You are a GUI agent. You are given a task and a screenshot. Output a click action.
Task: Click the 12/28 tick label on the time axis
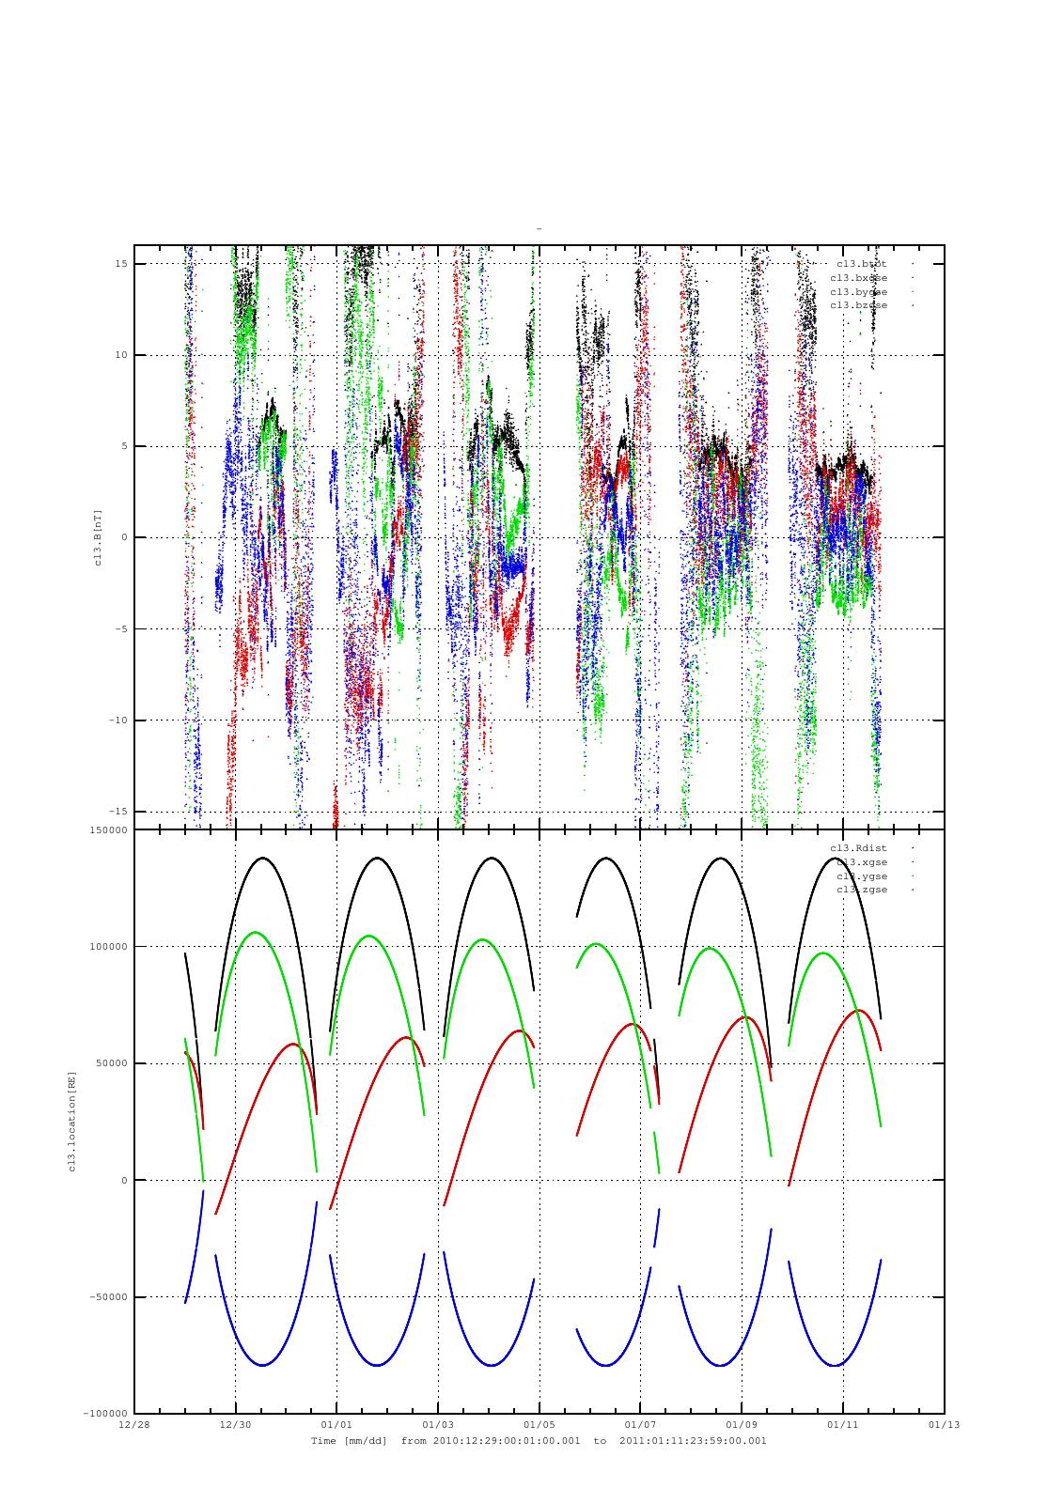[133, 1424]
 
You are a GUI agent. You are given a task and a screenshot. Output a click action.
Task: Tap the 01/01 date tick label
[336, 1424]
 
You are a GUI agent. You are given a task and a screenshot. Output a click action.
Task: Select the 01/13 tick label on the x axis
[944, 1424]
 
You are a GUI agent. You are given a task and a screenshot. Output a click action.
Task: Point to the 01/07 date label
[640, 1424]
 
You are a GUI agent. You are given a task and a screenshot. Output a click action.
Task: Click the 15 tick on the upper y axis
[121, 264]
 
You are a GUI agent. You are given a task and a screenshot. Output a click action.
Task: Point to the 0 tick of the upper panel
[125, 537]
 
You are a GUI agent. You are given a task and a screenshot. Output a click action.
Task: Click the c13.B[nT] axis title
[98, 537]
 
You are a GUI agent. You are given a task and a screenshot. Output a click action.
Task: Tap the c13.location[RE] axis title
[71, 1121]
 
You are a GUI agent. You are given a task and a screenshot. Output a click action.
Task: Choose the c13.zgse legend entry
[861, 890]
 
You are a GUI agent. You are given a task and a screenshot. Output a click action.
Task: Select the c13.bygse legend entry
[858, 292]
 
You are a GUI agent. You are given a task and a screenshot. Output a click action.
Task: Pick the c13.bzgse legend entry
[858, 305]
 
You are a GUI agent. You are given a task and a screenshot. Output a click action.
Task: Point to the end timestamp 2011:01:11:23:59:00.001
[693, 1440]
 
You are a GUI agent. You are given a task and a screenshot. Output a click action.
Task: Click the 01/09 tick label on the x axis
[742, 1424]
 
